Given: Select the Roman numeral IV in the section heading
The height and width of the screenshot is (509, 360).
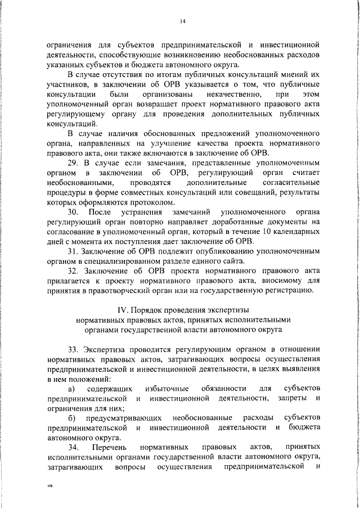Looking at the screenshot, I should tap(122, 310).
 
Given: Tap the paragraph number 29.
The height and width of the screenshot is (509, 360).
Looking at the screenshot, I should tap(72, 163).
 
